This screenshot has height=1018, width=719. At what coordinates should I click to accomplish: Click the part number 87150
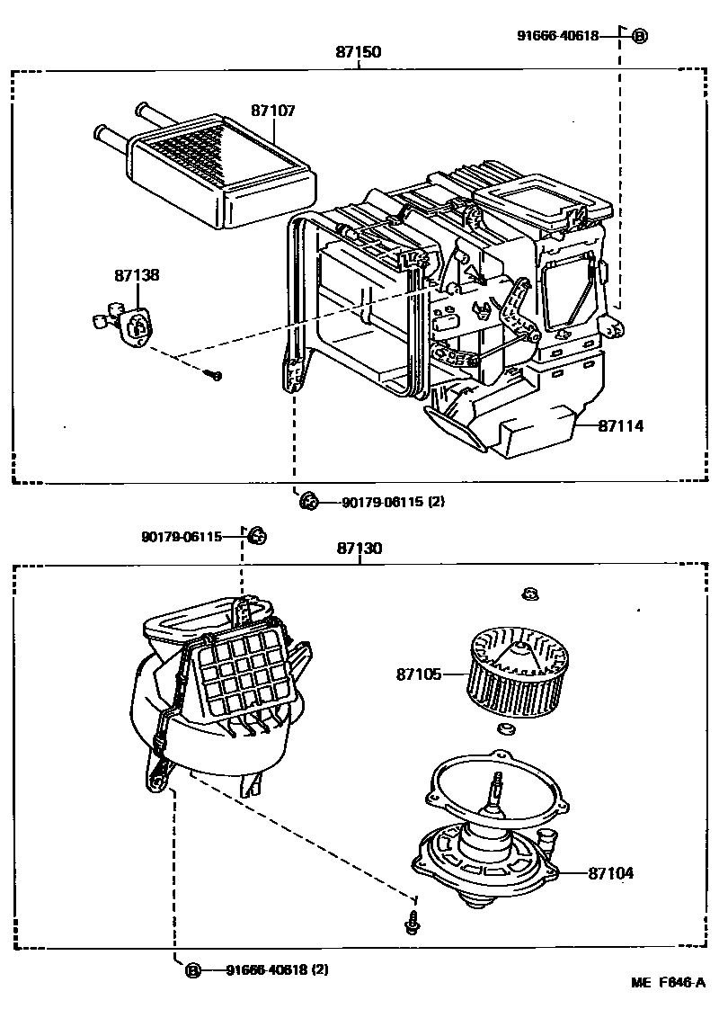point(359,52)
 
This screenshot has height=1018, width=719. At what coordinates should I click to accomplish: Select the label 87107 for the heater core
point(273,111)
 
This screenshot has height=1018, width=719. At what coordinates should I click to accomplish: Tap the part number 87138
point(137,275)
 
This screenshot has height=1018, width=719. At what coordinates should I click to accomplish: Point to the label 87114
point(621,426)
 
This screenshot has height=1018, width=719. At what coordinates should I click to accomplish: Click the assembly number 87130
point(359,548)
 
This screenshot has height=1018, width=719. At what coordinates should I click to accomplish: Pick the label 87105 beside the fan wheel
point(419,674)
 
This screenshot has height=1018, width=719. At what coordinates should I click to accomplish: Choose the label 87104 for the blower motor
point(611,872)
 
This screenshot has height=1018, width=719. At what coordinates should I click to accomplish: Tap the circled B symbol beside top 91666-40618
point(639,36)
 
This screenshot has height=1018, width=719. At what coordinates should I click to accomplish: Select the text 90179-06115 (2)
point(393,502)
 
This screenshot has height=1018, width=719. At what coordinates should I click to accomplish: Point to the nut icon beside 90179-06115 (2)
point(308,501)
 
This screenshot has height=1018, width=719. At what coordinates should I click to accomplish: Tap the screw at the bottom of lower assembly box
point(412,923)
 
